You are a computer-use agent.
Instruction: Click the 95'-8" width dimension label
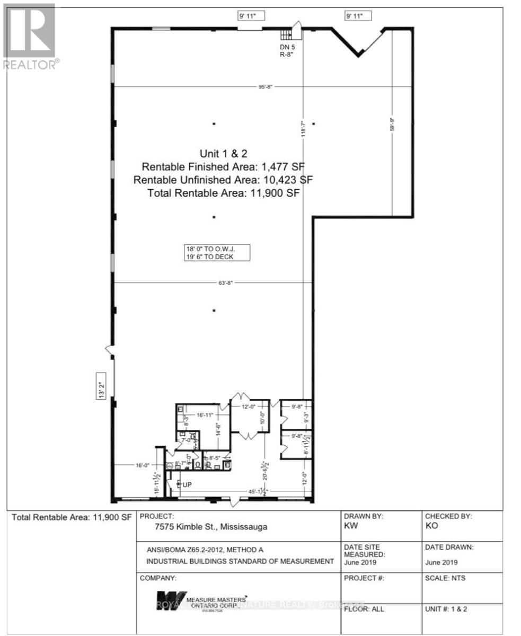(265, 86)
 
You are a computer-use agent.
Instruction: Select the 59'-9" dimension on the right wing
(393, 128)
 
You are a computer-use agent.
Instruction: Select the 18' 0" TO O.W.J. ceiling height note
(209, 249)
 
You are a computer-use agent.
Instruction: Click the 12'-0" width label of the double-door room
(249, 407)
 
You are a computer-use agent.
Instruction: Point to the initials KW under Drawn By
(350, 526)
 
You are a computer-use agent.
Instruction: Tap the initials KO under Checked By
(431, 526)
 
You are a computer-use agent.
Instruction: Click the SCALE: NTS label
(445, 578)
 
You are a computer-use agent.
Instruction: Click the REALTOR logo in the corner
(30, 37)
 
